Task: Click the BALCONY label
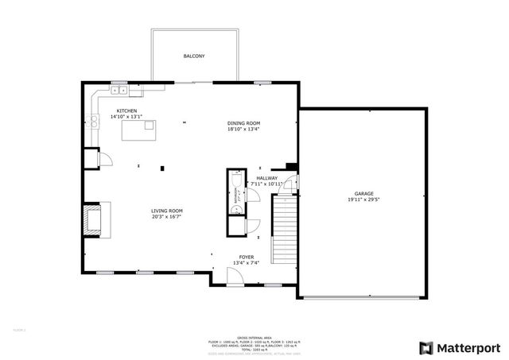(x=194, y=56)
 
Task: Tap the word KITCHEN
(x=126, y=110)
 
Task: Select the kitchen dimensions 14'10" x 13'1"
(x=126, y=117)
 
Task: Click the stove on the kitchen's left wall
(x=94, y=122)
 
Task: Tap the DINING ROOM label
(x=243, y=123)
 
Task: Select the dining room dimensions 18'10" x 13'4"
(x=243, y=130)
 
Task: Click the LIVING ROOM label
(x=168, y=211)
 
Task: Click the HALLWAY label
(x=266, y=178)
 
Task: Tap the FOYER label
(x=247, y=257)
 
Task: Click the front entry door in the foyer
(x=235, y=277)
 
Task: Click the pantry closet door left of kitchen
(x=103, y=159)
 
